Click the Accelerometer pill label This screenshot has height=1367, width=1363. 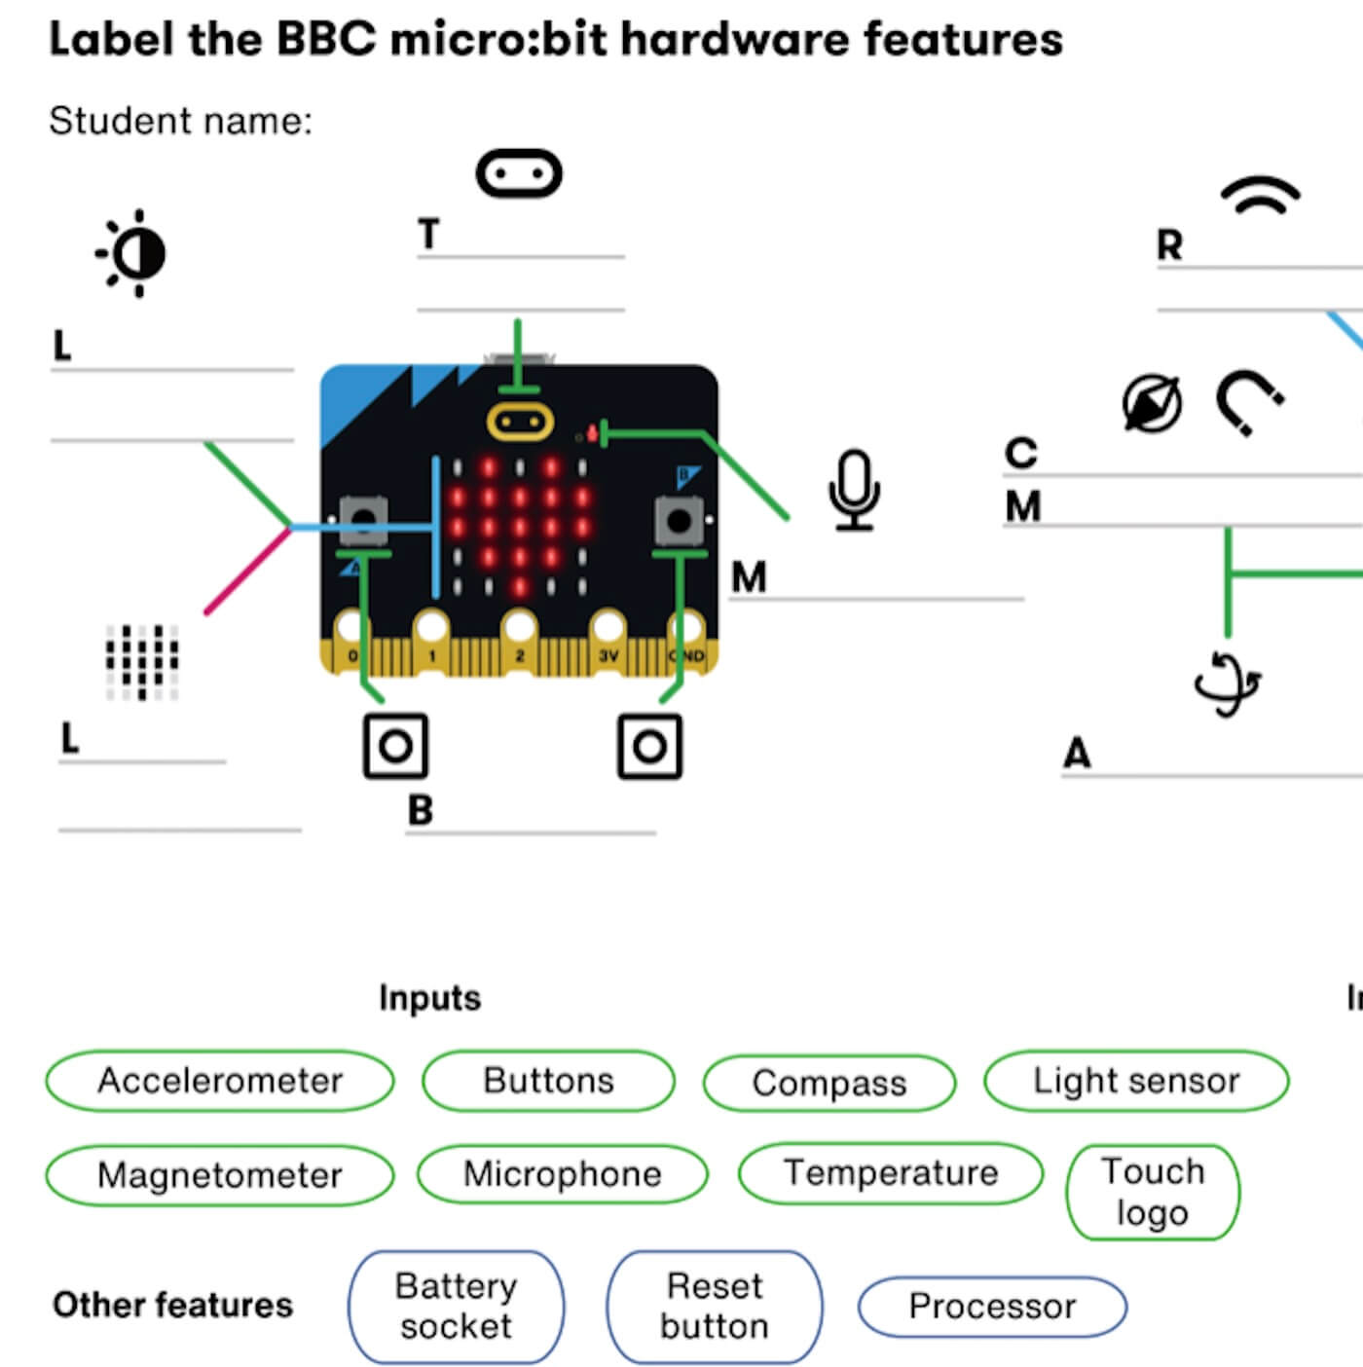pyautogui.click(x=220, y=1081)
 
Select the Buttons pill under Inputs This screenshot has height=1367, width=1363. pyautogui.click(x=548, y=1081)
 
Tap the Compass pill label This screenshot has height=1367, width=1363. pyautogui.click(x=829, y=1084)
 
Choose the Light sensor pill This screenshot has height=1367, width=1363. pyautogui.click(x=1136, y=1081)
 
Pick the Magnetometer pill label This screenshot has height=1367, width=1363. pyautogui.click(x=220, y=1175)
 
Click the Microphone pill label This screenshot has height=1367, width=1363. pyautogui.click(x=562, y=1174)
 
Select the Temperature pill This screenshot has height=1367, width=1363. pyautogui.click(x=891, y=1173)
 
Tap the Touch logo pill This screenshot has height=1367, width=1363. pyautogui.click(x=1153, y=1192)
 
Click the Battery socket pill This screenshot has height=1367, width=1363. pyautogui.click(x=456, y=1307)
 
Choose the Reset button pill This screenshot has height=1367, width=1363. pyautogui.click(x=715, y=1307)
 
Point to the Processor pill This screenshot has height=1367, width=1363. pyautogui.click(x=992, y=1307)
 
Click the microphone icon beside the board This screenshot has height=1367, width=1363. pyautogui.click(x=854, y=490)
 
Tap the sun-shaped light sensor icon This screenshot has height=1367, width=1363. pyautogui.click(x=133, y=253)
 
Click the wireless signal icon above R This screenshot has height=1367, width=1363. pyautogui.click(x=1261, y=196)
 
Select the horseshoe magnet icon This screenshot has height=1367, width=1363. pyautogui.click(x=1249, y=402)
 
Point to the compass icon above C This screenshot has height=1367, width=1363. pyautogui.click(x=1152, y=403)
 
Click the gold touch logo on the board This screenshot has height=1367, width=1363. pyautogui.click(x=520, y=423)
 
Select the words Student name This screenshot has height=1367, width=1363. pyautogui.click(x=181, y=122)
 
